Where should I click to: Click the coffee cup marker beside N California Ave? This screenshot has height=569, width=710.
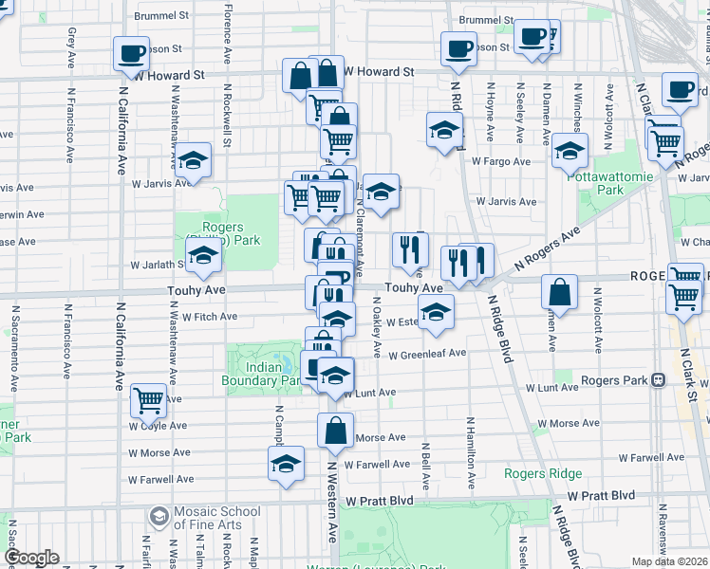131,53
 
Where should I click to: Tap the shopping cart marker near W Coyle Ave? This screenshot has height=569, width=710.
149,400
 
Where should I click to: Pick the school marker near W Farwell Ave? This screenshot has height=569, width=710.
286,464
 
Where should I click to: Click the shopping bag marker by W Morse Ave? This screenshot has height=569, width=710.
336,431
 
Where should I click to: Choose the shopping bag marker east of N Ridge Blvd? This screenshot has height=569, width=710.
560,293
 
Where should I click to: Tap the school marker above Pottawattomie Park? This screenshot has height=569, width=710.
570,150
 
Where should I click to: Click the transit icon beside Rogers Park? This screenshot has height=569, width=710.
657,380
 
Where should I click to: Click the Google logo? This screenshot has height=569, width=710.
31,558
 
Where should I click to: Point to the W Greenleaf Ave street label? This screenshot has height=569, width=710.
426,354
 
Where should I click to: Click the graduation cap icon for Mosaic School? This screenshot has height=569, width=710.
158,518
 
